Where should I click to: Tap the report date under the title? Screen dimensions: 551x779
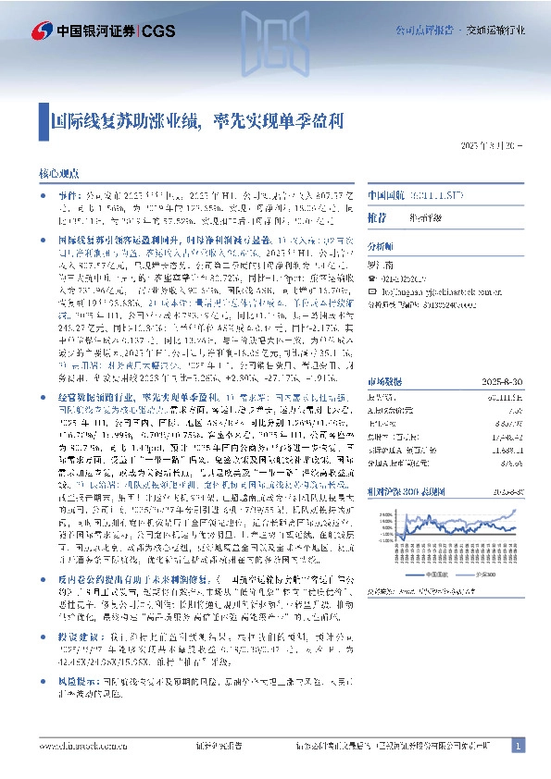(x=492, y=146)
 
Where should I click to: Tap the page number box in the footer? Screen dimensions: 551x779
(x=518, y=745)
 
